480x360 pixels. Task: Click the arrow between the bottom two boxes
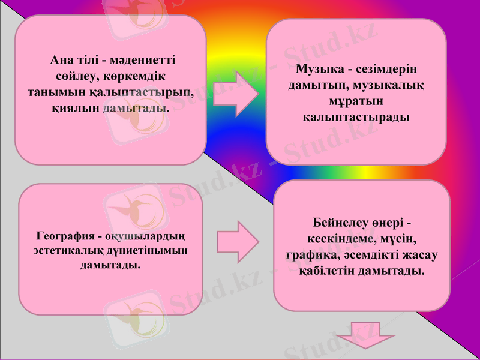click(x=238, y=243)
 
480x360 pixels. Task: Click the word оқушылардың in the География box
click(x=147, y=235)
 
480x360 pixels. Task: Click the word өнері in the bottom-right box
click(x=391, y=222)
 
